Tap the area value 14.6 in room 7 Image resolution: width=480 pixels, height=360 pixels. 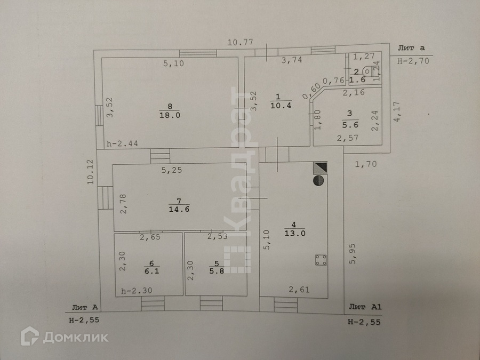coord(179,209)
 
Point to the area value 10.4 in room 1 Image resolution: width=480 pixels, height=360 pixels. coord(277,105)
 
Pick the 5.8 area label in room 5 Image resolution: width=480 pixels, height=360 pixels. coord(217,270)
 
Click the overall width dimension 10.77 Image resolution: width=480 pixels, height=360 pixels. coord(239,42)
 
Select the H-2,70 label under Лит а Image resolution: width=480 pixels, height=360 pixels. coord(413,61)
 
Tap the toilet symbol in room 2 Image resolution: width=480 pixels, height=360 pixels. coord(368,70)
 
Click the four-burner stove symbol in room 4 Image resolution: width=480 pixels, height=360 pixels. coord(321,260)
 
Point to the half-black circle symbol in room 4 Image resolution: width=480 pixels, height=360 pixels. coord(318,180)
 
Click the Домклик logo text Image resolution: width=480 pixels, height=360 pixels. coord(75,337)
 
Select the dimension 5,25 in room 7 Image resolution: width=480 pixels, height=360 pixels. coord(173,171)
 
